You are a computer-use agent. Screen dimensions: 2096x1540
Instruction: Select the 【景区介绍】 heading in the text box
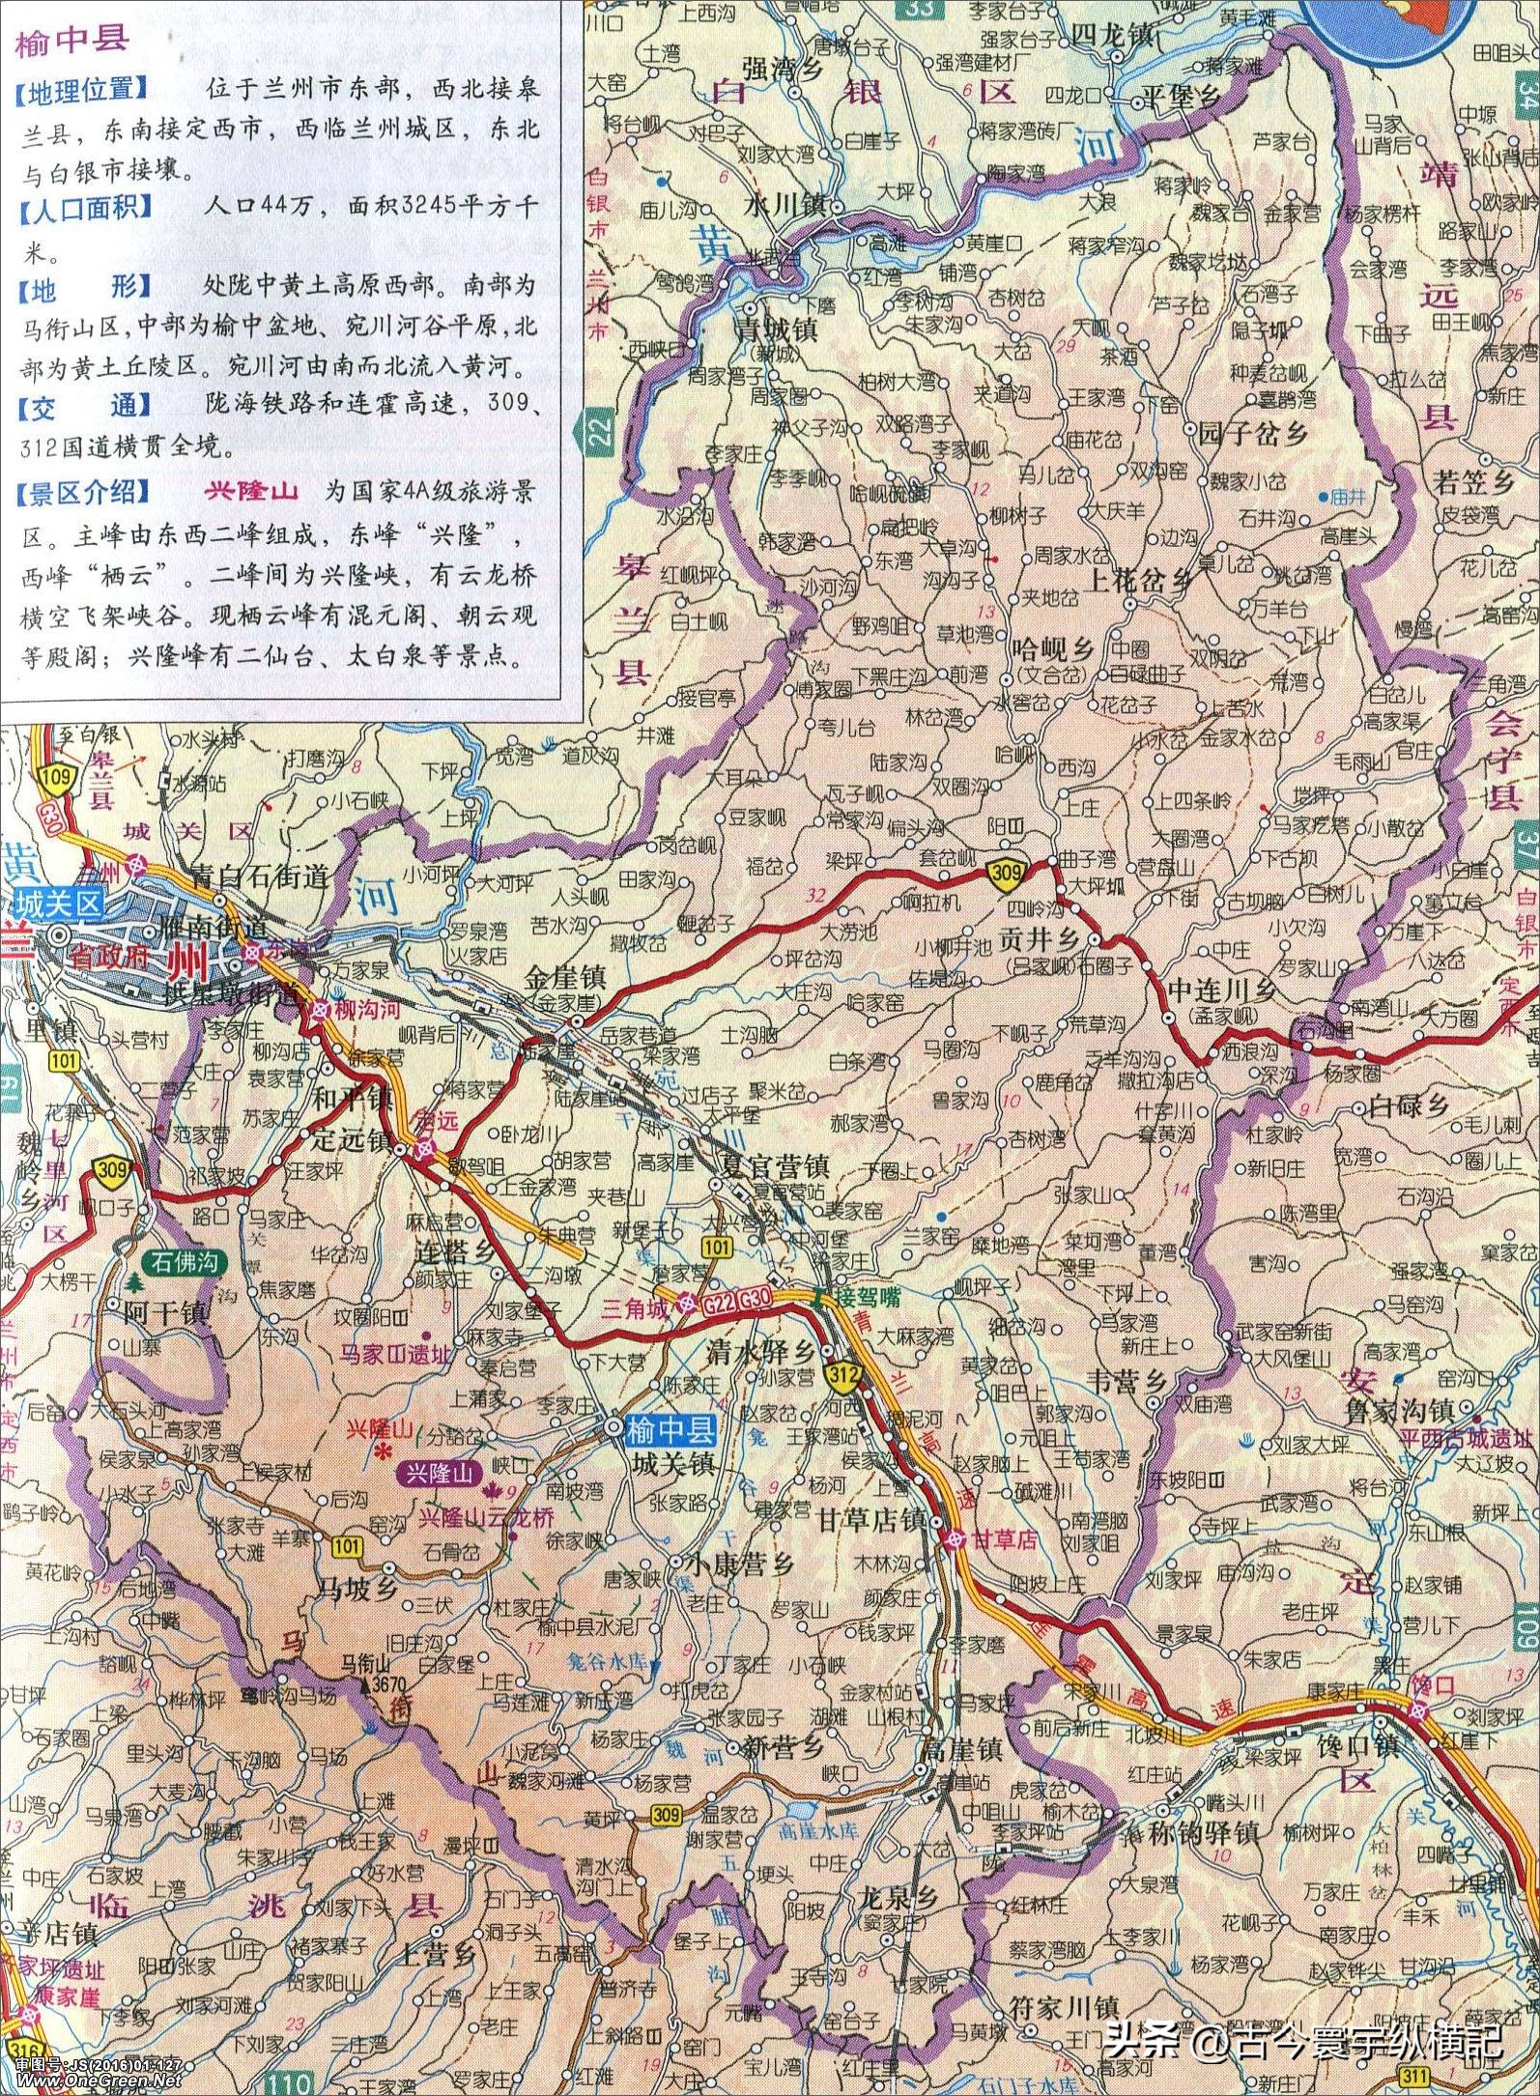click(x=81, y=492)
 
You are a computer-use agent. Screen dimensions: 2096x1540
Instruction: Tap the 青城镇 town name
click(x=775, y=330)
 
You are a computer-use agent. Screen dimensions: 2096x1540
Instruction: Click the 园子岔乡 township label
click(x=1252, y=434)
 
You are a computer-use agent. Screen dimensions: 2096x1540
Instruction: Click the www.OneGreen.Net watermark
click(x=93, y=2085)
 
